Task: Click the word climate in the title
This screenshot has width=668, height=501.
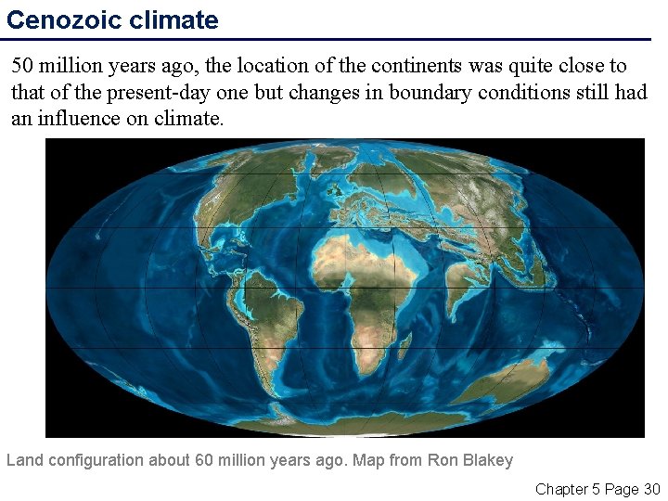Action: click(x=177, y=20)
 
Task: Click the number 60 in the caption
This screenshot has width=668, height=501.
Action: click(x=205, y=460)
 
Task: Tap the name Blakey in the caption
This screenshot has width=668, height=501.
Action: click(x=489, y=460)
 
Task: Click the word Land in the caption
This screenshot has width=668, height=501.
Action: click(x=24, y=460)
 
